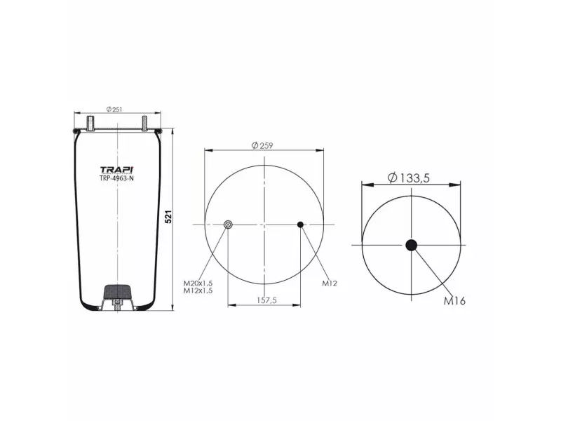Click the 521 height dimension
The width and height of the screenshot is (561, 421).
tap(168, 217)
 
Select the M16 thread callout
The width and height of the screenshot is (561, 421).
tap(454, 301)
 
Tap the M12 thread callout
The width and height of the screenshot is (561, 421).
tap(330, 283)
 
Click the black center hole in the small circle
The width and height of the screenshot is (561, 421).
tap(411, 244)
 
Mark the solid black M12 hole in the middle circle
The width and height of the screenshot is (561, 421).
tap(300, 225)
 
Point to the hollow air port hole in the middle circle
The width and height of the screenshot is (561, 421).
tap(228, 225)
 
